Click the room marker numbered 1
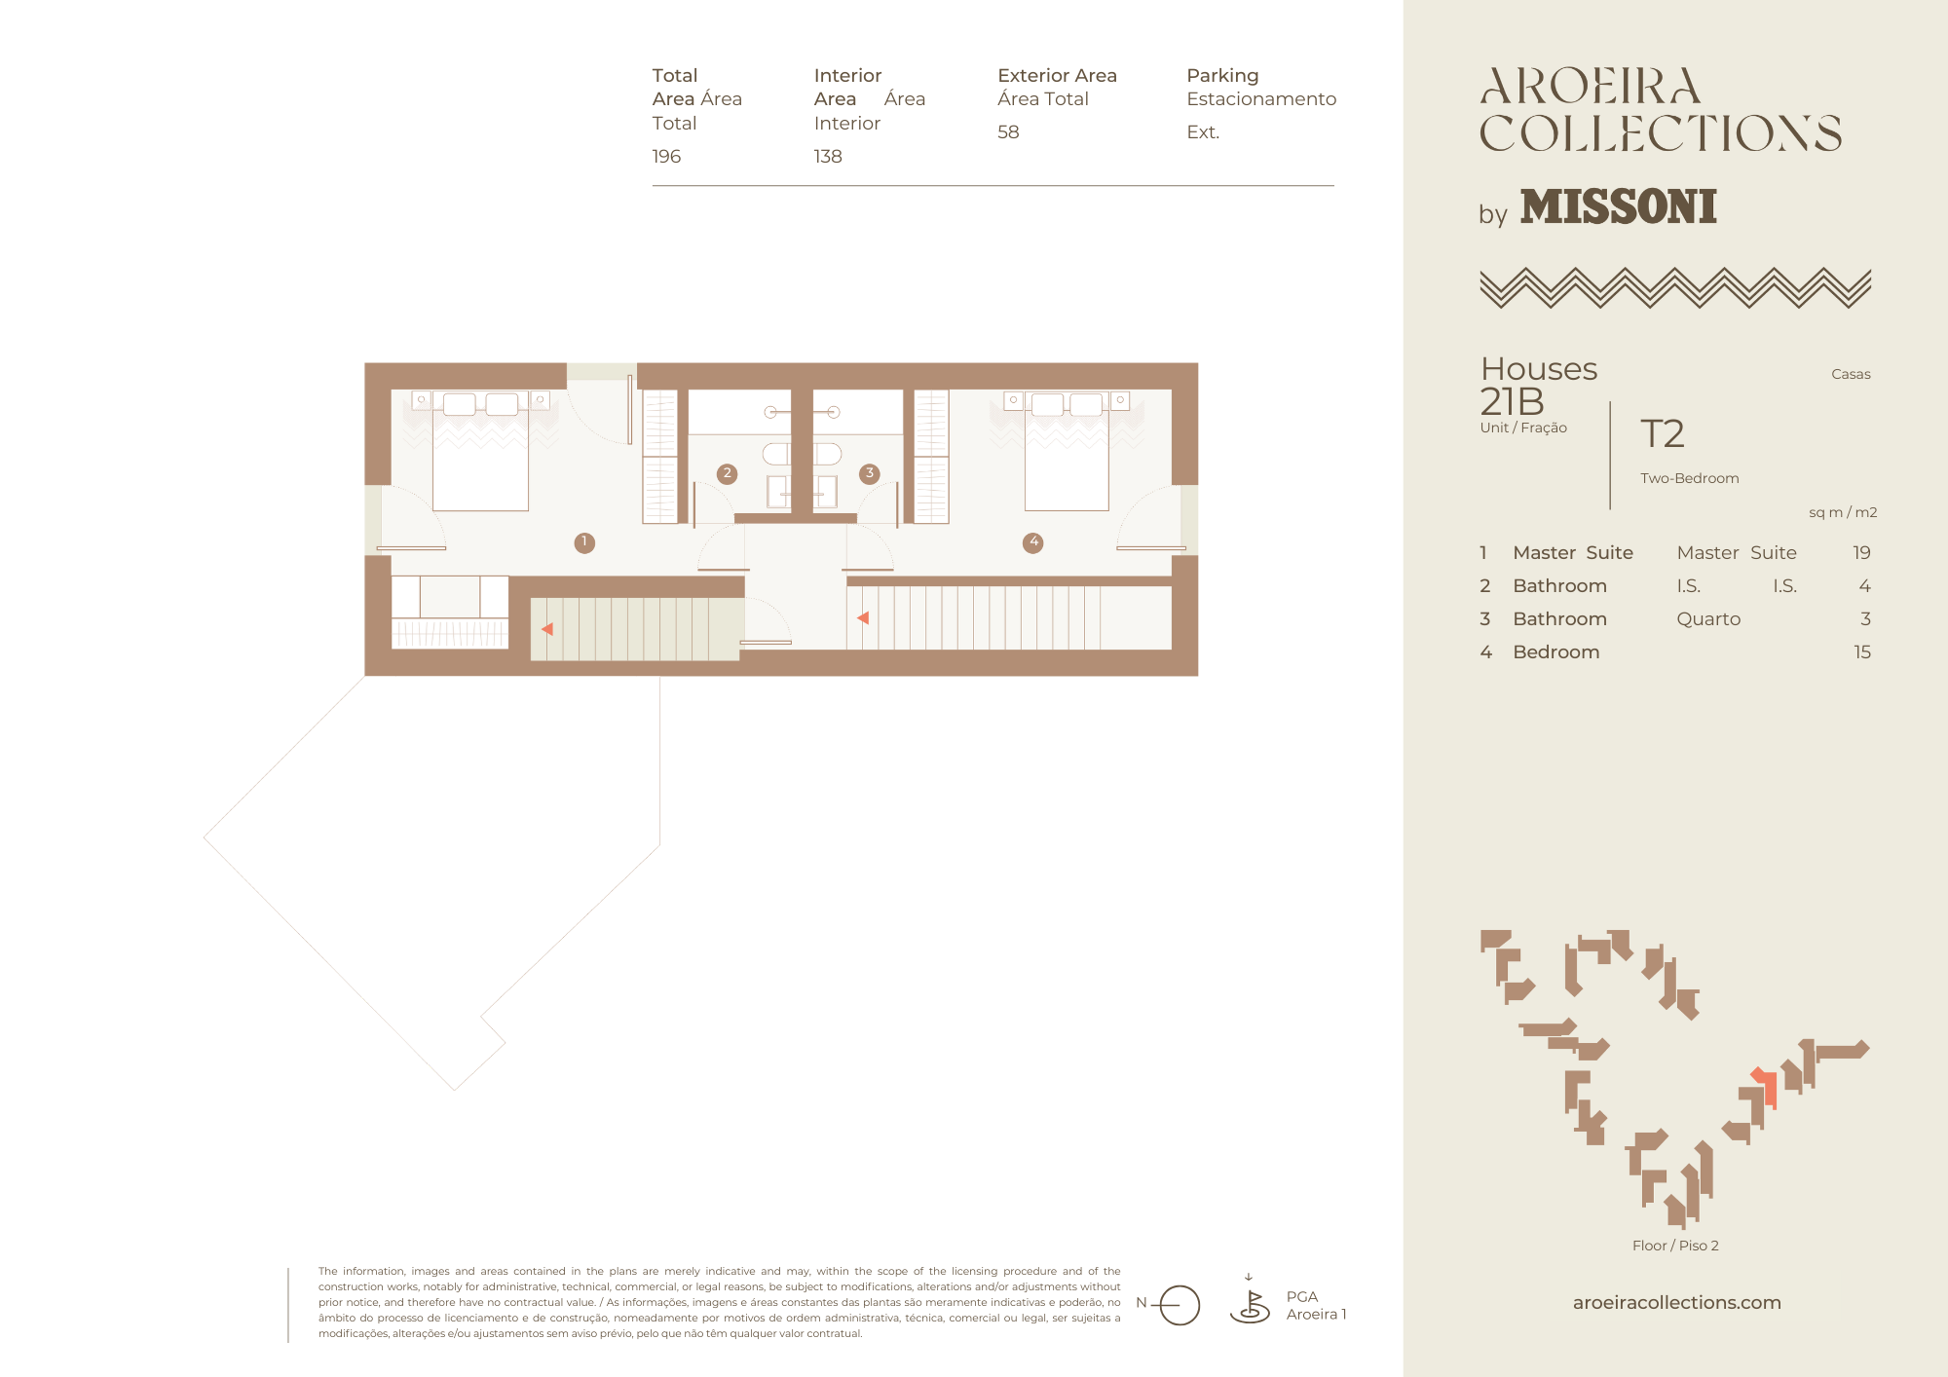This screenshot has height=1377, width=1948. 584,542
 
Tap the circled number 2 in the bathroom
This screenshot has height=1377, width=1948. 727,473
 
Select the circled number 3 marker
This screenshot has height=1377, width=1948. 870,473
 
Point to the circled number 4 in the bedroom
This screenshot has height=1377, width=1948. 1033,542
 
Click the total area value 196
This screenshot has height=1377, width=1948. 666,156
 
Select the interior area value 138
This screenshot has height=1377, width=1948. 828,156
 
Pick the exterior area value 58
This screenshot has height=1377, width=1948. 1008,131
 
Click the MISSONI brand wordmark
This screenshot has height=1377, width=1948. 1619,206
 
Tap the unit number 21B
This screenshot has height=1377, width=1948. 1512,401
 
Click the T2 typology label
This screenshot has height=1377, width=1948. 1663,433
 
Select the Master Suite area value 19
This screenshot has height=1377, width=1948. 1861,553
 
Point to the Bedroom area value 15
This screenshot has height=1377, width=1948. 1862,652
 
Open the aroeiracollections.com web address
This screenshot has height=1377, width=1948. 1677,1302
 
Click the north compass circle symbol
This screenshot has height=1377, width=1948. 1180,1305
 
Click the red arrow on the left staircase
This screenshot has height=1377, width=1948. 547,629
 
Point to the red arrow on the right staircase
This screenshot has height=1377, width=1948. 863,617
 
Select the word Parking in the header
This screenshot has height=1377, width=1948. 1222,76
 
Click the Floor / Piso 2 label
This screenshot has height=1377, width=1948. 1675,1246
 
